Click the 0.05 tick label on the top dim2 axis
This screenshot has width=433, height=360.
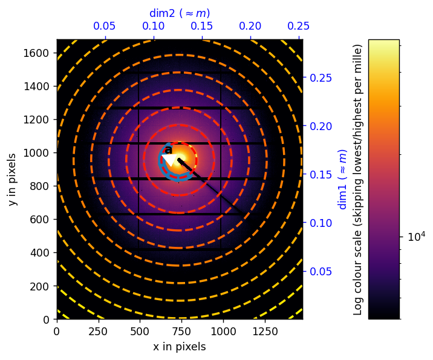(x=105, y=27)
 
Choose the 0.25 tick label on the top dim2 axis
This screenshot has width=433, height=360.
(x=299, y=27)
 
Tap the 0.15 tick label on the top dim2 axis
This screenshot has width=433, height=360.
(x=202, y=27)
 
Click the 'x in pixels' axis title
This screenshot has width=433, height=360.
(x=179, y=347)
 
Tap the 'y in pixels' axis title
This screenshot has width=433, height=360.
(x=13, y=179)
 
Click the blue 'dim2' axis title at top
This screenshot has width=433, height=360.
(x=180, y=13)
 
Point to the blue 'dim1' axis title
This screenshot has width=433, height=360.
(x=343, y=179)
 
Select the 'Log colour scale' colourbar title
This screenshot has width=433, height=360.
(x=357, y=179)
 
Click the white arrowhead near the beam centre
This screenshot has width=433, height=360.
(x=169, y=160)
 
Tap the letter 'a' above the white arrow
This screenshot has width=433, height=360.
(x=168, y=149)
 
